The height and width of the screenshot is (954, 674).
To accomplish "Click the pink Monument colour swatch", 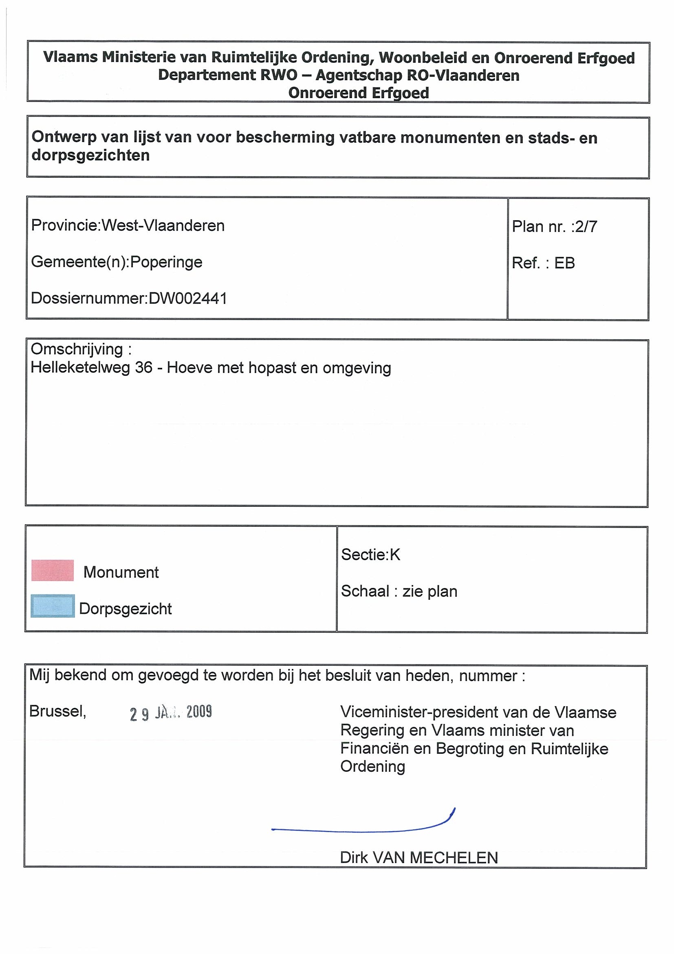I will pyautogui.click(x=53, y=570).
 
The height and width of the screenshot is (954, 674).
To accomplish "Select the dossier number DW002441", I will pyautogui.click(x=188, y=298).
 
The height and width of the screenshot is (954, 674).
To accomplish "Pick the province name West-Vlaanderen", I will pyautogui.click(x=163, y=225).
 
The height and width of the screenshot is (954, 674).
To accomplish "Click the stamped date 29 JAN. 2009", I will pyautogui.click(x=171, y=713).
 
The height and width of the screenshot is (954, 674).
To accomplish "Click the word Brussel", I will pyautogui.click(x=57, y=711).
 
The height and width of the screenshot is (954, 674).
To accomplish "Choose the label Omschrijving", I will pyautogui.click(x=77, y=349).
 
